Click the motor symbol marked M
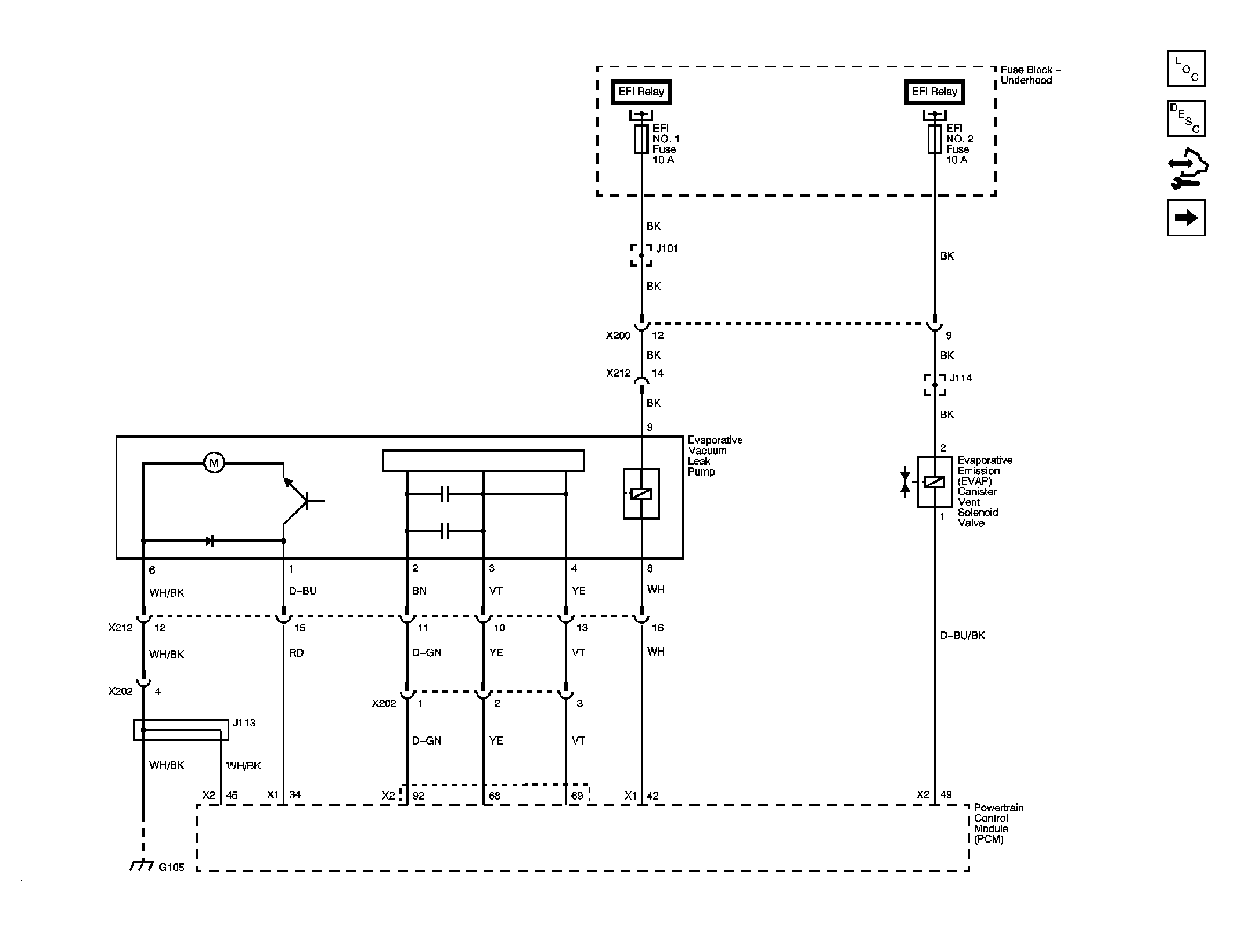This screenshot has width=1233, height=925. point(214,463)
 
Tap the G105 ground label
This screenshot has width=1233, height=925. point(171,867)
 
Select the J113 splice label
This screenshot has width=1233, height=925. point(244,723)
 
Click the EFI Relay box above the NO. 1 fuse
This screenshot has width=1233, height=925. point(641,92)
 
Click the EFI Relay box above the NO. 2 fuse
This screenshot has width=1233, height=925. point(934,92)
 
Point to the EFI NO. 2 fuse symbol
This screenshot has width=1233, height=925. point(934,139)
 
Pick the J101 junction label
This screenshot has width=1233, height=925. point(667,249)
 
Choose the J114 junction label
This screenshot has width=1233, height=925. point(960,378)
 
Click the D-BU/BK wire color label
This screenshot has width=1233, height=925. point(962,635)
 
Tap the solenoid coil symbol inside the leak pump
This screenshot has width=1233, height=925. point(641,494)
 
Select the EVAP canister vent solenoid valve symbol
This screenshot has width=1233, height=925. point(934,482)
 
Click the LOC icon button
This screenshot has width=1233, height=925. point(1185,69)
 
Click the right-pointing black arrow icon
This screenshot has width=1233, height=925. point(1185,218)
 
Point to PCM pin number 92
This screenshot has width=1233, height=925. point(418,796)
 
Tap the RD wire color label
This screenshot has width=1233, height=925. point(296,653)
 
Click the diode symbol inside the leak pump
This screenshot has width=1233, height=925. point(211,541)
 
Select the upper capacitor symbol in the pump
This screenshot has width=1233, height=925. point(445,494)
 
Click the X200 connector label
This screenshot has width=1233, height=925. point(618,336)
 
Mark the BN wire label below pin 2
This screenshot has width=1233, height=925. point(419,591)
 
